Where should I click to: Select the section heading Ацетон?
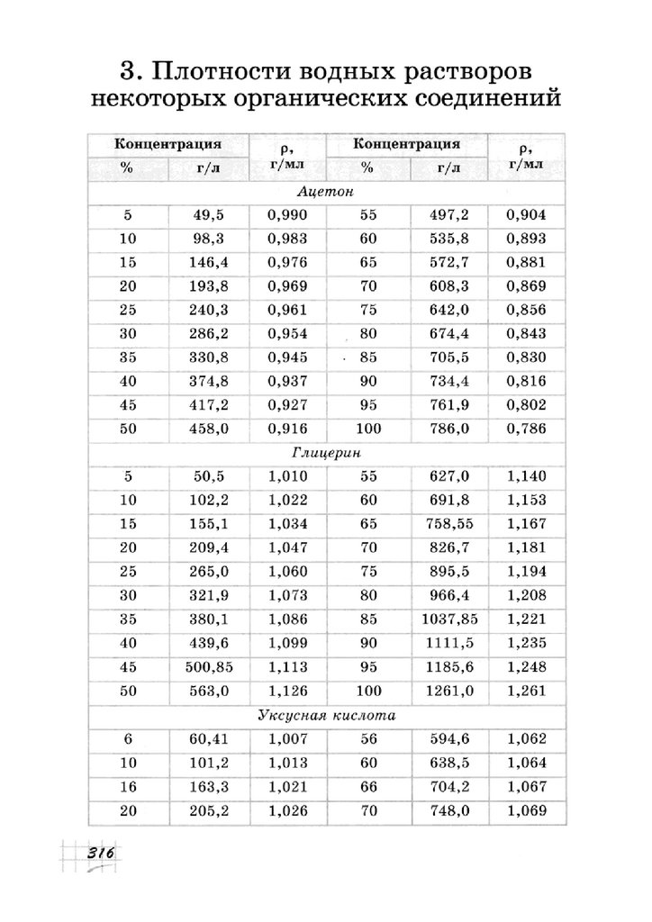pyautogui.click(x=325, y=192)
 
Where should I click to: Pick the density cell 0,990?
pyautogui.click(x=288, y=215)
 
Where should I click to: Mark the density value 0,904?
pyautogui.click(x=527, y=215)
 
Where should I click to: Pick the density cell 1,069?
pyautogui.click(x=527, y=811)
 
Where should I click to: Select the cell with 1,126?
pyautogui.click(x=288, y=691)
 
